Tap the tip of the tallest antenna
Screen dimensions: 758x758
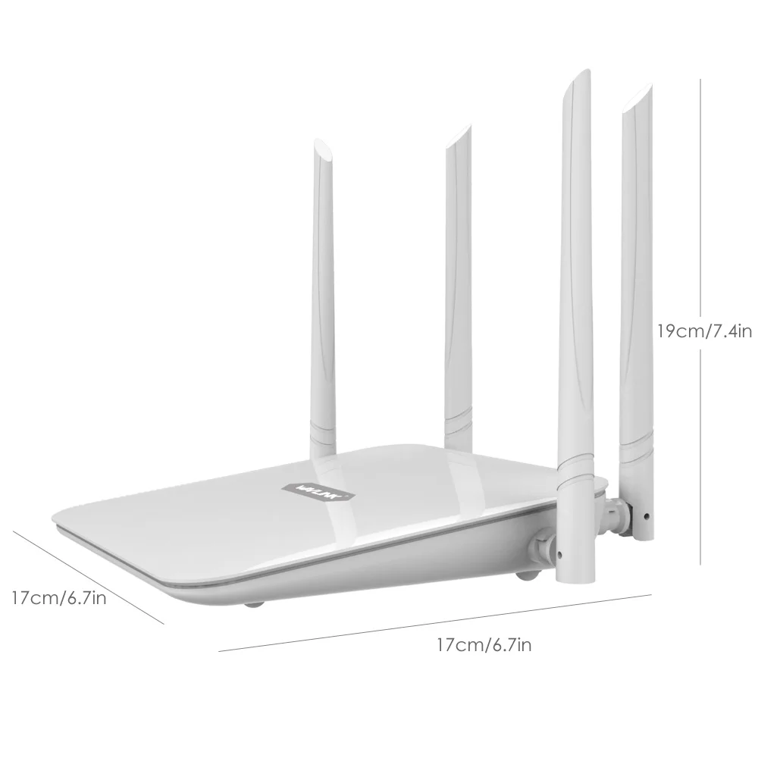580,75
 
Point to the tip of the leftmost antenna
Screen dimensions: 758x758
321,145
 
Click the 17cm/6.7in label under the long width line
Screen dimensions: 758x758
487,645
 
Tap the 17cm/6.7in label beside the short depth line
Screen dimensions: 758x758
58,599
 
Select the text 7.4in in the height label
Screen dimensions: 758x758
730,330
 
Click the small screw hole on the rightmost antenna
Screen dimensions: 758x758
645,518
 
